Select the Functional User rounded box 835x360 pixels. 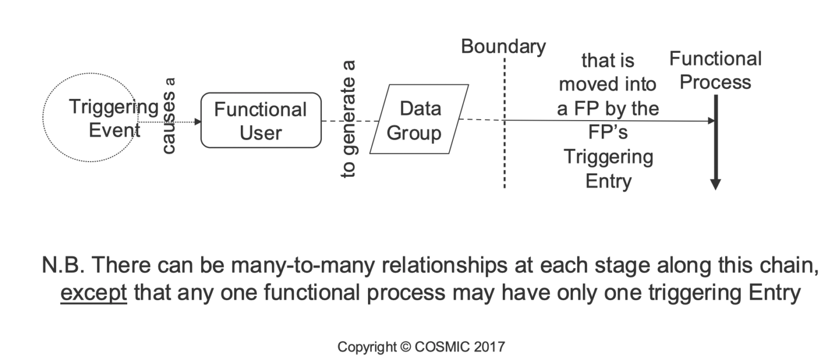pos(260,121)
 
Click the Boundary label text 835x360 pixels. pos(503,47)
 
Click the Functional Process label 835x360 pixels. pos(715,70)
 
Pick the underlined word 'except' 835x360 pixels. pos(94,293)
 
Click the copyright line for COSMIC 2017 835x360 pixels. pos(421,346)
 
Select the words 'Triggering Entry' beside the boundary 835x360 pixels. pos(608,169)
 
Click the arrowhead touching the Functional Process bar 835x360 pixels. pos(710,121)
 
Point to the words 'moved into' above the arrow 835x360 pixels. pos(608,84)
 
